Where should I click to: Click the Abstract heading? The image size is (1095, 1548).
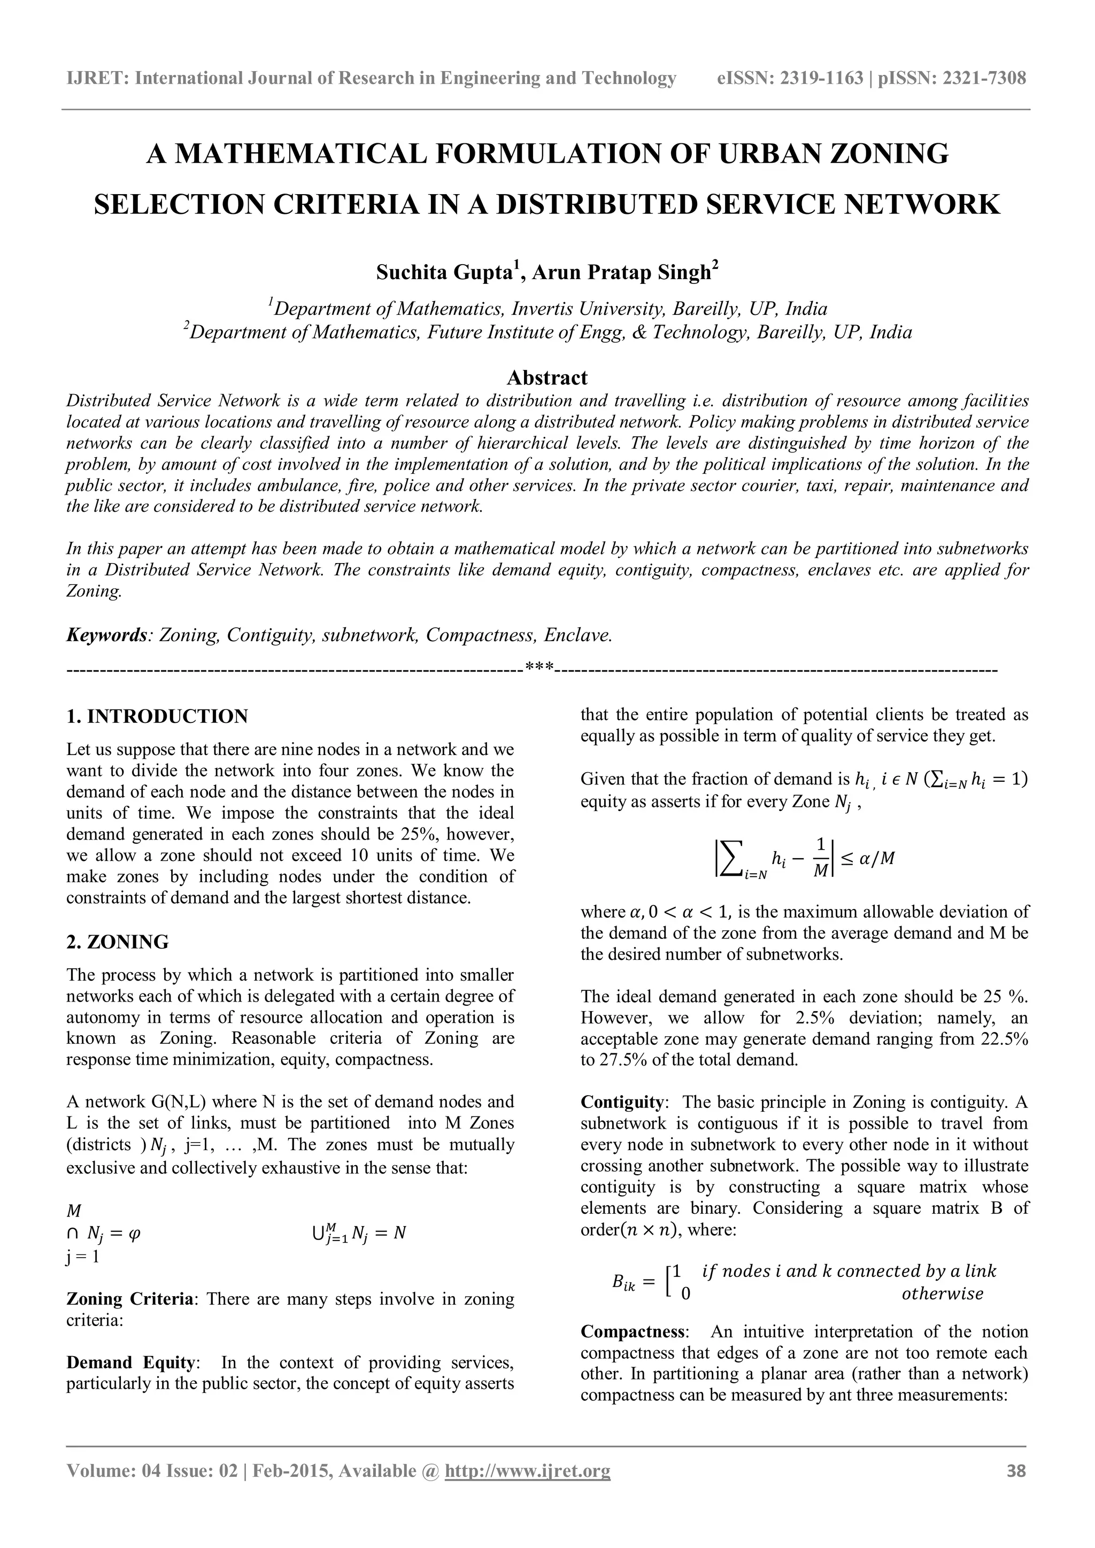point(547,377)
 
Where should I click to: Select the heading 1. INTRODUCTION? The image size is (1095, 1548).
point(157,716)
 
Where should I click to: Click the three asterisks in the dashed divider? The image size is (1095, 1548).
point(539,669)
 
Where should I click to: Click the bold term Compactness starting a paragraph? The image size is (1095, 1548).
point(633,1331)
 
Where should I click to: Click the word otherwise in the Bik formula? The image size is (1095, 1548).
point(942,1294)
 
